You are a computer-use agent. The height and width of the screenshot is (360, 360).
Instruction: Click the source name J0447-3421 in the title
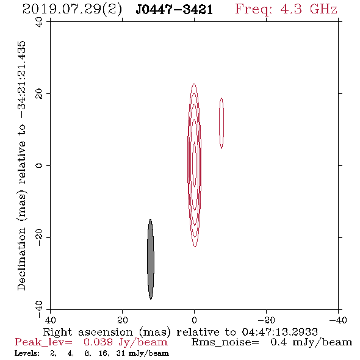point(175,9)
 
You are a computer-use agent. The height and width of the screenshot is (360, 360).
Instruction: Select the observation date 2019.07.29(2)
point(73,10)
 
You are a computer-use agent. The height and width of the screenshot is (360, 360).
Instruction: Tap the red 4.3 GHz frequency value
point(309,9)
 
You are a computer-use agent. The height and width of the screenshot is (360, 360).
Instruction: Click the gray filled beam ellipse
point(151,259)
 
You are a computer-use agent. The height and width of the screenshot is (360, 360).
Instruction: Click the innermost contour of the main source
point(195,164)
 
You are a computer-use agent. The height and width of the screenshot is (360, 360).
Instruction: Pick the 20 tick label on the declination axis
point(39,94)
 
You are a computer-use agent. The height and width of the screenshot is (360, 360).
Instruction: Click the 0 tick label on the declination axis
point(39,165)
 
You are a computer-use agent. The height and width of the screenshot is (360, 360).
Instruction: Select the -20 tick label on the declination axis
point(39,237)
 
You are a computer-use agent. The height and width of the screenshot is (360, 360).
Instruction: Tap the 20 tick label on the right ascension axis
point(123,320)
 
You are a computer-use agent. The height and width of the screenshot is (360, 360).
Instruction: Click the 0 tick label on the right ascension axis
point(195,320)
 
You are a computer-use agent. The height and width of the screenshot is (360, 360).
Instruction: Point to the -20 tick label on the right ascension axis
point(266,320)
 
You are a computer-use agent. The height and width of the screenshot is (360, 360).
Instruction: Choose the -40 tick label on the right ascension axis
point(338,320)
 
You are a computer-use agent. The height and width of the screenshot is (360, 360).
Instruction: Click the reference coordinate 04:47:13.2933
point(279,332)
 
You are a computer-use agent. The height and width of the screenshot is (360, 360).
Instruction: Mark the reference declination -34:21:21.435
point(22,79)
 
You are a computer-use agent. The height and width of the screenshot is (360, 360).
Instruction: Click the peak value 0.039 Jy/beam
point(125,342)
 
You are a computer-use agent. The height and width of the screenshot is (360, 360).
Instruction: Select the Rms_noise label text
point(225,342)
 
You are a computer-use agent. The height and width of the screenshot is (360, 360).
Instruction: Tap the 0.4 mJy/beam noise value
point(311,342)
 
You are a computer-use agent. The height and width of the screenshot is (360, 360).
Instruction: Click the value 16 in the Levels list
point(103,353)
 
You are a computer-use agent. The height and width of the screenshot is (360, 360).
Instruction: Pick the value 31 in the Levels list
point(121,353)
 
